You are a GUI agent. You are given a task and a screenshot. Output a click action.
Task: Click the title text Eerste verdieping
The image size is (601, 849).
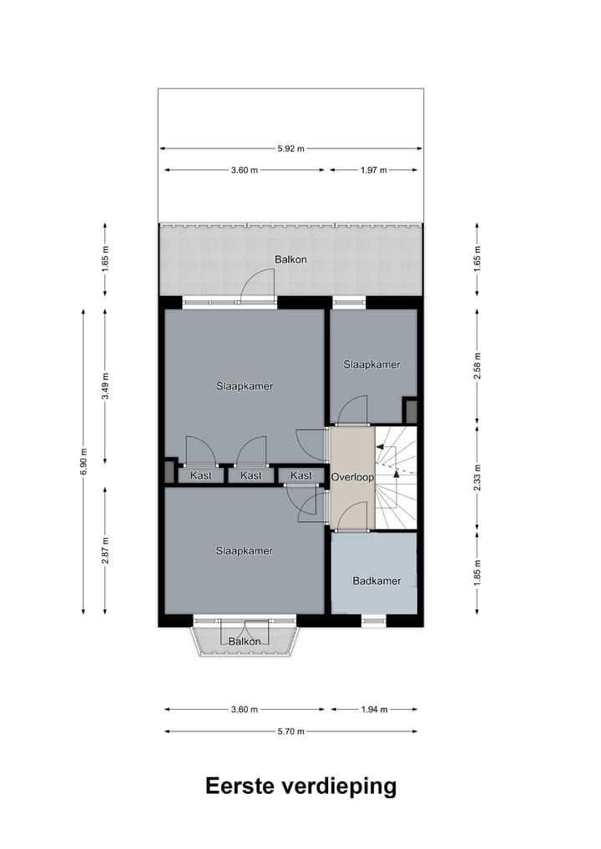coord(300,786)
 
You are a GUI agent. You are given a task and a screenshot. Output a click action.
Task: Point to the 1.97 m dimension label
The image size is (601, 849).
coord(373,170)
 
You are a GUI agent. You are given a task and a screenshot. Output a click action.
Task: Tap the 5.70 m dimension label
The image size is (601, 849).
coord(291,731)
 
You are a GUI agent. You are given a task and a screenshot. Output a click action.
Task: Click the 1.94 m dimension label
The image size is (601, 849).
coord(373,710)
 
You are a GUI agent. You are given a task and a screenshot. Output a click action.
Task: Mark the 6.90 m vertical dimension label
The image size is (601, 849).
coord(83,461)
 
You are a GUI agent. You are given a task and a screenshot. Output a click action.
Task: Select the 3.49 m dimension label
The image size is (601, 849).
coord(104,386)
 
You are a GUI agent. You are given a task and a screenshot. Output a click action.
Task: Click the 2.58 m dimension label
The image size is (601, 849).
coord(477,365)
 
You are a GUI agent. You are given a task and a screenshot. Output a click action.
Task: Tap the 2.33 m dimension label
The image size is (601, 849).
coord(477,477)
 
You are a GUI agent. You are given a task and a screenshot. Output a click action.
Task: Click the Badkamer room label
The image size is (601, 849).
coord(376,581)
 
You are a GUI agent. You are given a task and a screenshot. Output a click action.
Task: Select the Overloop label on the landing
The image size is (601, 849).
coord(352,477)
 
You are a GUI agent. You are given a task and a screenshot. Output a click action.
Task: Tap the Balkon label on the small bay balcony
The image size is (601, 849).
coord(245,641)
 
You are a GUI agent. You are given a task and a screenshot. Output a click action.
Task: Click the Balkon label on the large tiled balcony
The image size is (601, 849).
coord(290,259)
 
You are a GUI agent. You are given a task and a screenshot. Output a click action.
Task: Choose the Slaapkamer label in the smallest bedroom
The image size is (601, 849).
coord(372,364)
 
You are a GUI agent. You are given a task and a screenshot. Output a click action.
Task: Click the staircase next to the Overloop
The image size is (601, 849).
coord(396,477)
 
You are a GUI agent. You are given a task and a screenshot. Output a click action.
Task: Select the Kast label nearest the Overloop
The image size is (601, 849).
coord(301,475)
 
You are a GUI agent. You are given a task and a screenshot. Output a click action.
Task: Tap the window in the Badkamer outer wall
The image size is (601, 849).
coord(374,620)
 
